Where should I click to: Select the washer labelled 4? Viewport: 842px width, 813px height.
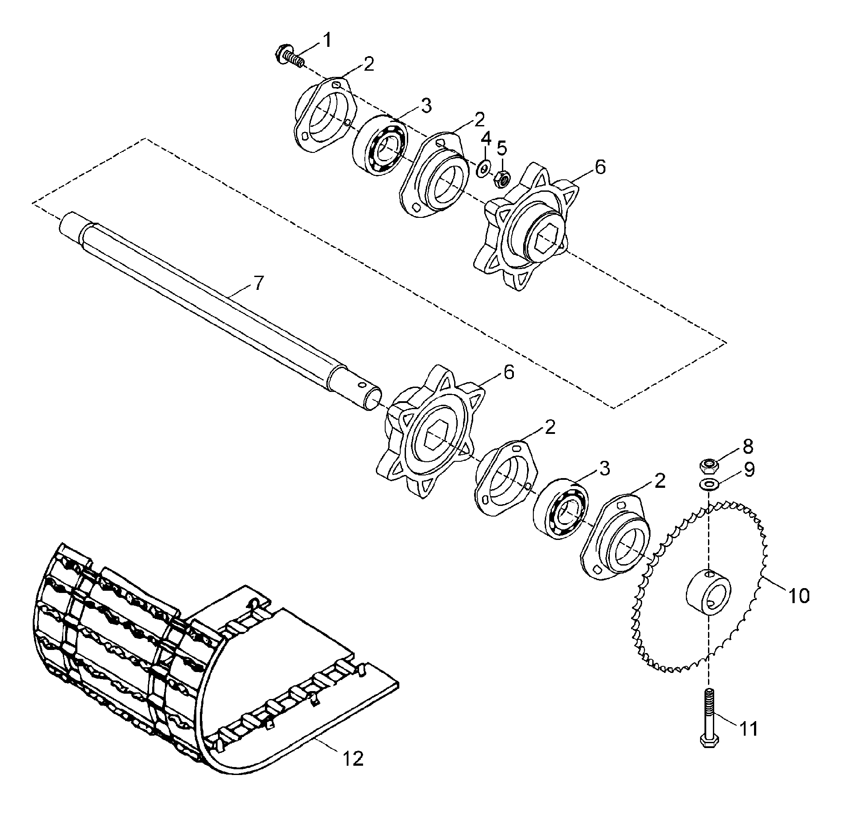(x=484, y=168)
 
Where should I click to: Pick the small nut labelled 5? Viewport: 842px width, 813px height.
(x=503, y=178)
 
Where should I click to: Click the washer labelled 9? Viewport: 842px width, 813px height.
(x=708, y=484)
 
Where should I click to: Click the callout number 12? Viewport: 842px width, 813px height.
(x=353, y=759)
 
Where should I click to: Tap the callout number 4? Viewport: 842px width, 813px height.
(x=486, y=139)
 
